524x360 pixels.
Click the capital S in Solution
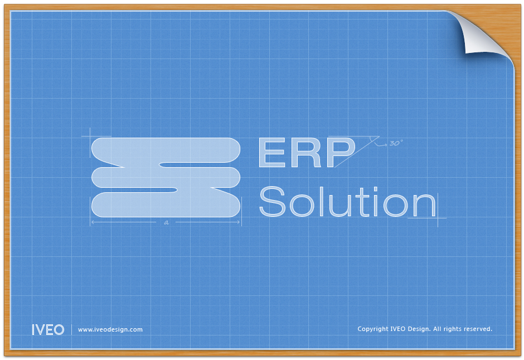[x=272, y=201]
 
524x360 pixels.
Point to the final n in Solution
[x=425, y=205]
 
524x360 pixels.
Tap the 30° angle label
[x=396, y=143]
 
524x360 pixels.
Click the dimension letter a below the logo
[x=167, y=222]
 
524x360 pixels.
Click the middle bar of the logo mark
[x=166, y=177]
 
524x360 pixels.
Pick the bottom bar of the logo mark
[x=166, y=205]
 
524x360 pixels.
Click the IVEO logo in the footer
[x=48, y=329]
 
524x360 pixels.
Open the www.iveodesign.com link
[x=110, y=329]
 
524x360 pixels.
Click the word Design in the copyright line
[x=419, y=329]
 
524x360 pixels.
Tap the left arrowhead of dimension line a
[x=93, y=222]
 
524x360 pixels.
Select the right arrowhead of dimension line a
[x=239, y=222]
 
